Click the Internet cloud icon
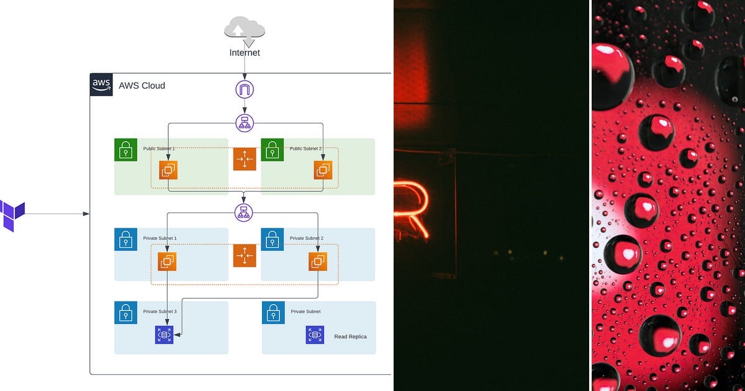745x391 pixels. tap(245, 30)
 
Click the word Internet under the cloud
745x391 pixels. tap(245, 53)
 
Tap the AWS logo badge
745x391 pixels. tap(101, 84)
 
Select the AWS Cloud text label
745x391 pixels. tap(142, 86)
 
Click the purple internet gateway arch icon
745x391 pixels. tap(245, 89)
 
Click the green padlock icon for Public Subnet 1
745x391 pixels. tap(125, 150)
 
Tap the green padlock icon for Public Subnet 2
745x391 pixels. tap(272, 150)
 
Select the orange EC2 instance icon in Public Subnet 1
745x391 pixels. tap(168, 170)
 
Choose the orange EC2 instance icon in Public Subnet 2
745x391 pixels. tap(323, 170)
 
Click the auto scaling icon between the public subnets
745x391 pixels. tap(245, 159)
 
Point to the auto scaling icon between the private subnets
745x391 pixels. tap(245, 255)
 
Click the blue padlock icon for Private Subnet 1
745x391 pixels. tap(125, 239)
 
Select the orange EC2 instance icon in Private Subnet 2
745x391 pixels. tap(318, 261)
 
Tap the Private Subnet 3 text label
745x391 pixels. tap(160, 312)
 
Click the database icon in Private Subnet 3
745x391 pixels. tap(164, 335)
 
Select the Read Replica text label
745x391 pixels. tap(350, 336)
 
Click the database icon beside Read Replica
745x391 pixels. tap(315, 335)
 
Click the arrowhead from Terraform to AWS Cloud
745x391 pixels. tap(87, 214)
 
